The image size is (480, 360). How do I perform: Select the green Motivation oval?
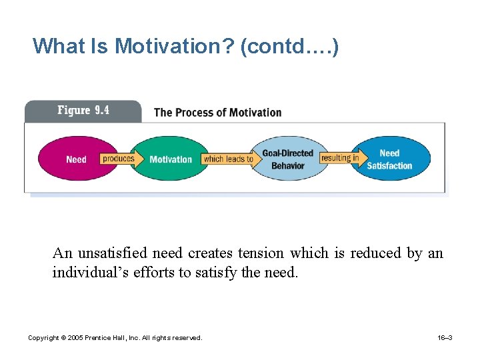pos(170,159)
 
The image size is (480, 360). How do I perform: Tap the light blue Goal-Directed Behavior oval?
pos(288,159)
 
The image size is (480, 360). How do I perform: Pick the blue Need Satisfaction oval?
pos(390,159)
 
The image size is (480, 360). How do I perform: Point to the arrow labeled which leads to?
pos(229,159)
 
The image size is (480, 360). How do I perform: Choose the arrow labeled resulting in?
pos(340,158)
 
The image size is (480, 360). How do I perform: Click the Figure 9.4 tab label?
pos(83,111)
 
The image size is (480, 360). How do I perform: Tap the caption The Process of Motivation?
pos(217,112)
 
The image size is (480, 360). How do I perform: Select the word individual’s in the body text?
pos(83,272)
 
